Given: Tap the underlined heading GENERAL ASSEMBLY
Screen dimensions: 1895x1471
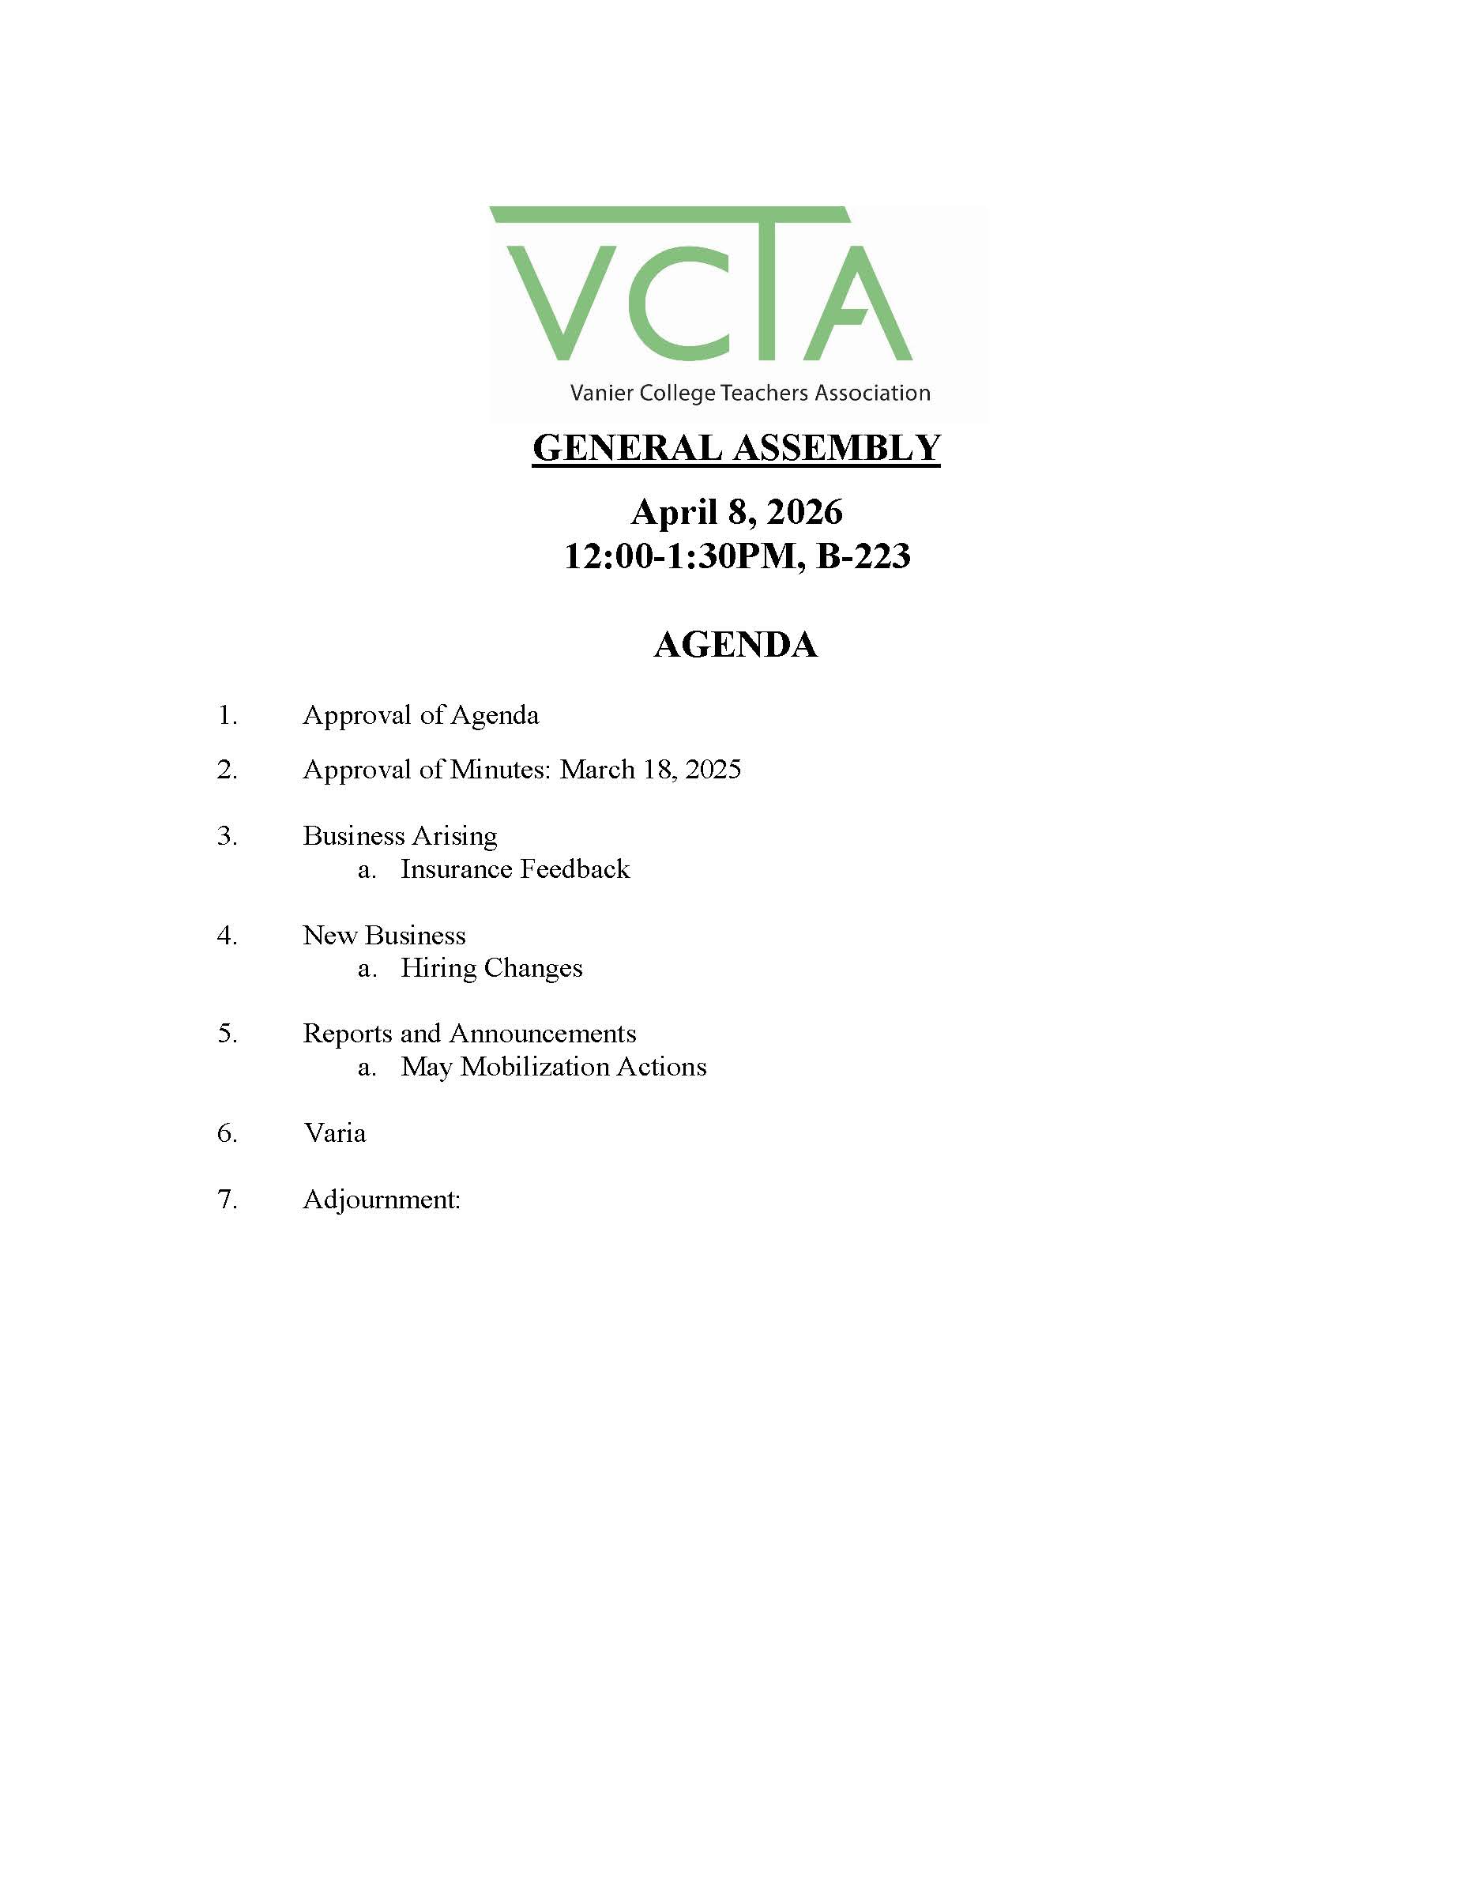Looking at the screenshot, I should click(735, 449).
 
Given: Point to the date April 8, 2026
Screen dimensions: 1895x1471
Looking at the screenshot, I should click(735, 512).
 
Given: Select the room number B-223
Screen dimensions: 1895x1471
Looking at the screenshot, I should click(863, 556).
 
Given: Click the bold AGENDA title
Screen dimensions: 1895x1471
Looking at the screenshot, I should click(735, 645).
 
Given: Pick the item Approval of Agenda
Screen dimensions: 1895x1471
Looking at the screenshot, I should click(420, 715).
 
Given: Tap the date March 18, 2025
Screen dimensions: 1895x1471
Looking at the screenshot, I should click(649, 770).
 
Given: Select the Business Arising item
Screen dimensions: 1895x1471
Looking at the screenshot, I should click(400, 835).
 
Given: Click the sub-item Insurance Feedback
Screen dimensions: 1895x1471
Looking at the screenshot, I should click(515, 868).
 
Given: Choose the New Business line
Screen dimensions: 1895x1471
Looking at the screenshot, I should click(384, 935).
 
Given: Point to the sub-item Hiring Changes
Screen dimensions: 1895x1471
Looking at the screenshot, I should click(491, 967).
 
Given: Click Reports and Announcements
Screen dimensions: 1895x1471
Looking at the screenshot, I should click(469, 1034).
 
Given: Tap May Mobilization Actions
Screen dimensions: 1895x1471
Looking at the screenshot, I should click(553, 1066).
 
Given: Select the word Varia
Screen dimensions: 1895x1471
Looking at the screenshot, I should click(335, 1133).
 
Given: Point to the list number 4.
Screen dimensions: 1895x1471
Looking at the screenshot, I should click(227, 936).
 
